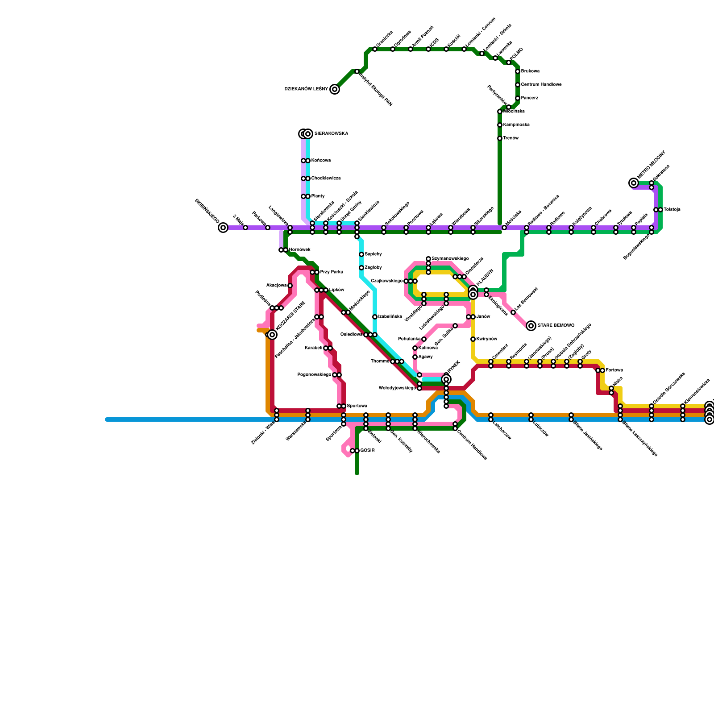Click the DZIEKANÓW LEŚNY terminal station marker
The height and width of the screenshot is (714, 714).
[335, 89]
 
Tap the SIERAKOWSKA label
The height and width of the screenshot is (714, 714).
[331, 134]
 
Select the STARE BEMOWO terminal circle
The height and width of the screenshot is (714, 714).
[531, 326]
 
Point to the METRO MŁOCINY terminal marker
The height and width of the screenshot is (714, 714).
[634, 183]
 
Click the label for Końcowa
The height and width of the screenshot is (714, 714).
[321, 161]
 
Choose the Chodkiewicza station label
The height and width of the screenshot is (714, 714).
[326, 178]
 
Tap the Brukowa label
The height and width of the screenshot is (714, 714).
[530, 71]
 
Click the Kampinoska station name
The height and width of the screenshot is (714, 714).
[516, 125]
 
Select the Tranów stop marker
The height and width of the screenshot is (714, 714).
[500, 138]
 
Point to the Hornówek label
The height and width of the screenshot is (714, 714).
[299, 250]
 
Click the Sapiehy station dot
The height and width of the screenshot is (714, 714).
[361, 254]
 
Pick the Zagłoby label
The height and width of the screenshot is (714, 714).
[373, 268]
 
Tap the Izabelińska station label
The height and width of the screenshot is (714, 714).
[390, 317]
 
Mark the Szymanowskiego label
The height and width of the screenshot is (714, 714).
[450, 259]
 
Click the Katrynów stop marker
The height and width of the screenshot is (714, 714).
[473, 339]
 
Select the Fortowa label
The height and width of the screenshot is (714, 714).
[614, 370]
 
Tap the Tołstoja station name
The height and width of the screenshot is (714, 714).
[672, 210]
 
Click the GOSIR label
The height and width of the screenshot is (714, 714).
[367, 451]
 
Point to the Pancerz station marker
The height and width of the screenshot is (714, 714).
[518, 98]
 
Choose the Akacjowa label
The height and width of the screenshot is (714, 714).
[276, 286]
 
